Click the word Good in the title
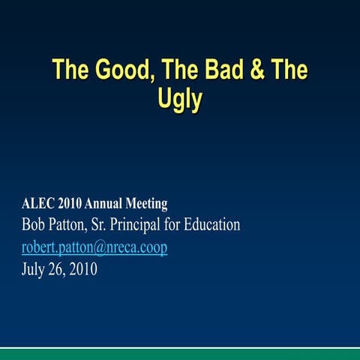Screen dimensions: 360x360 [x=120, y=71]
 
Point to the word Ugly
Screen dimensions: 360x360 [x=180, y=100]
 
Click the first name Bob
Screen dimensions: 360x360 [x=34, y=224]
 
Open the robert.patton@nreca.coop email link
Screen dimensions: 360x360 [x=94, y=247]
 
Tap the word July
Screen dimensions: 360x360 [x=34, y=269]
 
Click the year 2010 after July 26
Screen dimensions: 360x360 [x=86, y=269]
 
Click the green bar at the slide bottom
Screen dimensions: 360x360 [x=180, y=354]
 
